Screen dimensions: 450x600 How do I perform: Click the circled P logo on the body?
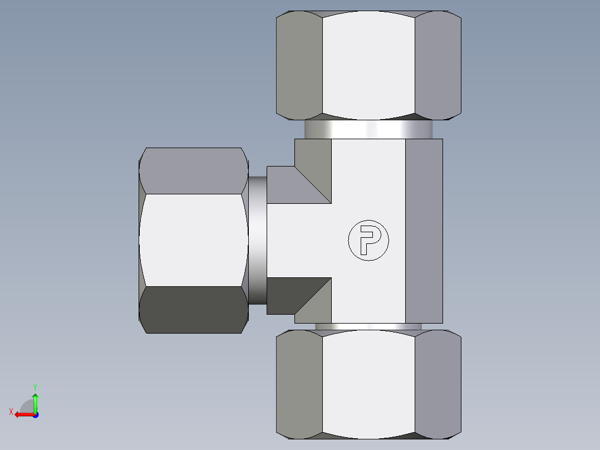(x=368, y=241)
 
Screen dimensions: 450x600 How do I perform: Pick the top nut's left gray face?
(x=299, y=66)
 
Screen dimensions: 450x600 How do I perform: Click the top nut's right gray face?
(x=438, y=66)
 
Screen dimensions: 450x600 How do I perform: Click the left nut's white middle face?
(x=193, y=240)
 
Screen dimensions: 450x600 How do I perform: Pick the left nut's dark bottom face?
(x=193, y=310)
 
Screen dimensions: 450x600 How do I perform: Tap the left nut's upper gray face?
(x=193, y=170)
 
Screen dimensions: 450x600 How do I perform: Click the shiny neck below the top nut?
(x=368, y=130)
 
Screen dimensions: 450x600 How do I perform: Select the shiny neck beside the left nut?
(x=257, y=241)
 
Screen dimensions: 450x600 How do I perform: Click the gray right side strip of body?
(x=424, y=231)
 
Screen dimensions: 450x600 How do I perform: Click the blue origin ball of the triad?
(x=35, y=415)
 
